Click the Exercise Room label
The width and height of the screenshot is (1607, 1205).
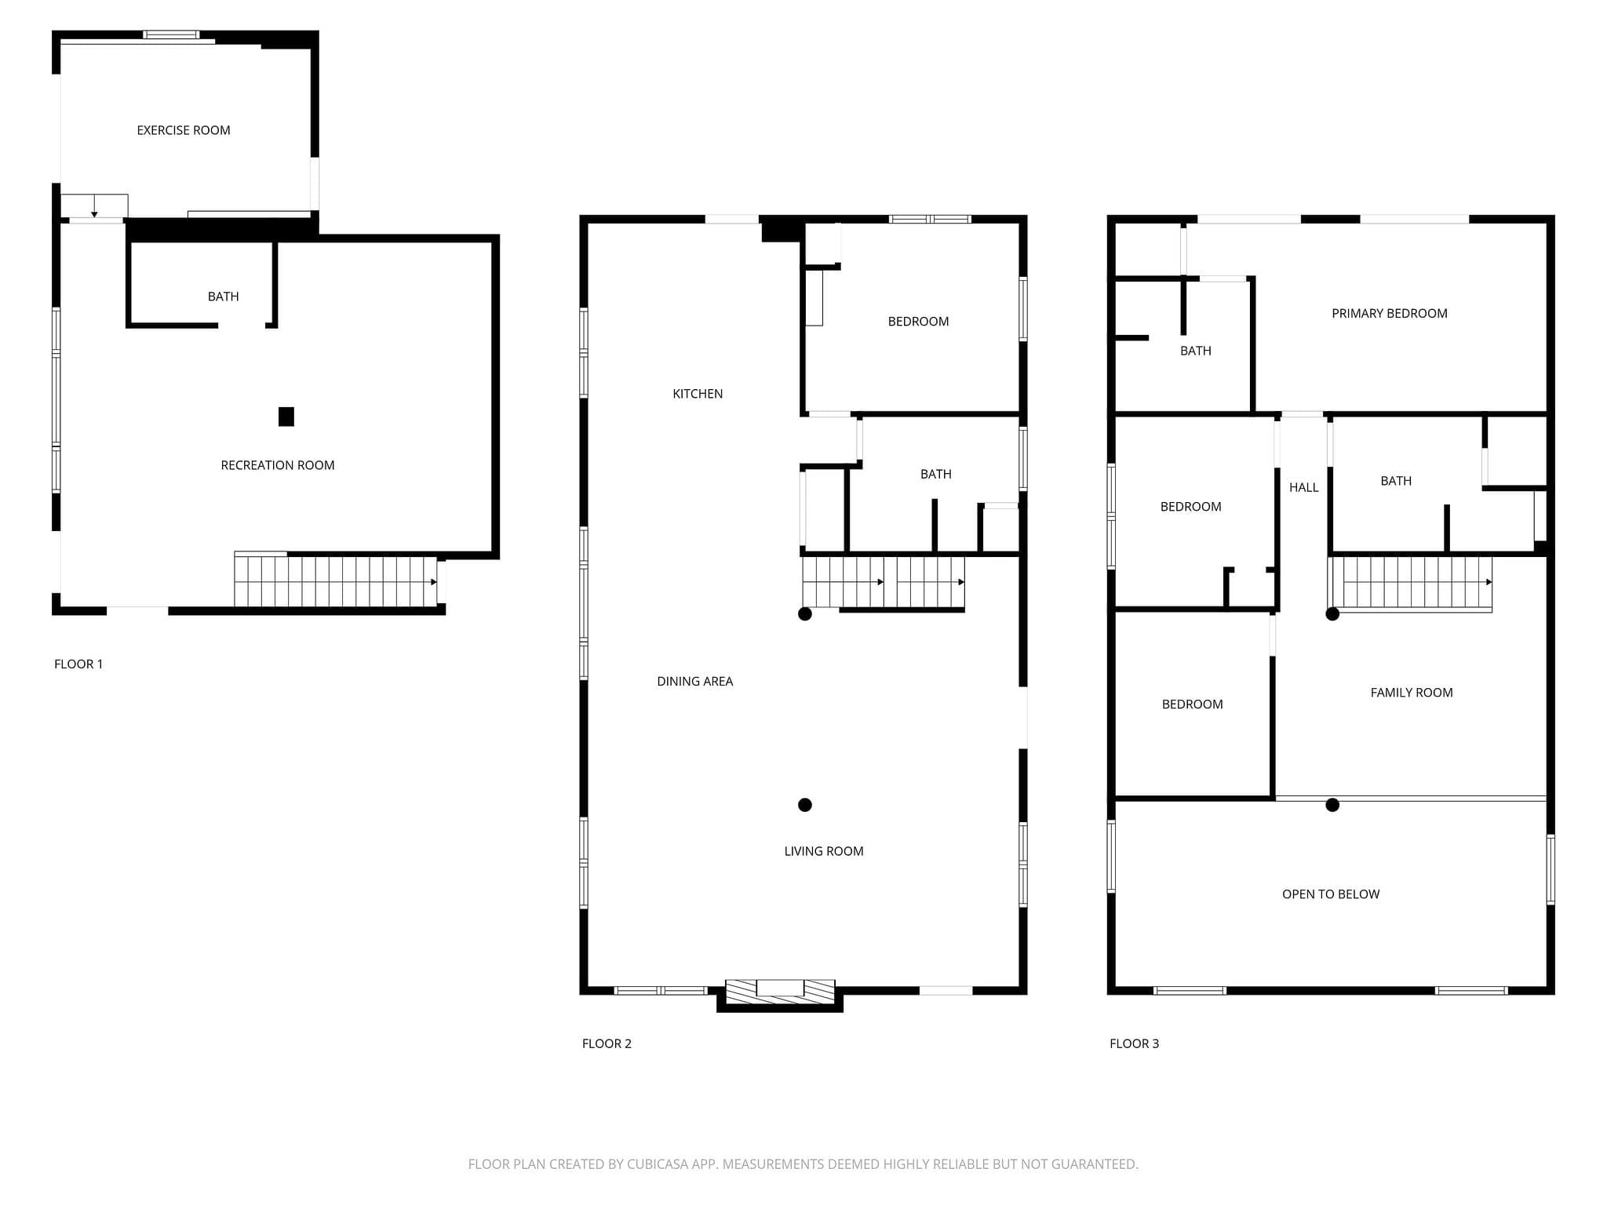[184, 130]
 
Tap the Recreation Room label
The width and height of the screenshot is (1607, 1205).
[278, 465]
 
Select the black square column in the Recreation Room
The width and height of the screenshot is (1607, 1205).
[286, 417]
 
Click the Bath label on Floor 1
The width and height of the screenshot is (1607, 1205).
[223, 297]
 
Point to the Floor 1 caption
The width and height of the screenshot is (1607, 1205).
[78, 664]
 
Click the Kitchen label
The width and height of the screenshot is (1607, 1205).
[698, 394]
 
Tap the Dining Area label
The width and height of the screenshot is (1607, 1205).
[695, 681]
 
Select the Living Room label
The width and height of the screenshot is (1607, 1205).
[824, 851]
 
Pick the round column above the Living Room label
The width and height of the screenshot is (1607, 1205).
[805, 805]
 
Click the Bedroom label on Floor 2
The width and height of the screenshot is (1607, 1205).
[918, 322]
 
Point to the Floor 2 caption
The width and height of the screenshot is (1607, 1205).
[607, 1043]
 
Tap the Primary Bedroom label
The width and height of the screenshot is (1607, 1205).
[1390, 314]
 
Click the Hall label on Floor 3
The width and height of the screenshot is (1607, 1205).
[1304, 487]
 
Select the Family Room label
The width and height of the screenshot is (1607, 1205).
[1412, 693]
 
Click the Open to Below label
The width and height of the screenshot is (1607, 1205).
[1331, 894]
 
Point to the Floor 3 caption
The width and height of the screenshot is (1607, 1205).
[1134, 1043]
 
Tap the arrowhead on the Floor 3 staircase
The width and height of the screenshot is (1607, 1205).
[1489, 582]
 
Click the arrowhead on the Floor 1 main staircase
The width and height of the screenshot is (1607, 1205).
[434, 582]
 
